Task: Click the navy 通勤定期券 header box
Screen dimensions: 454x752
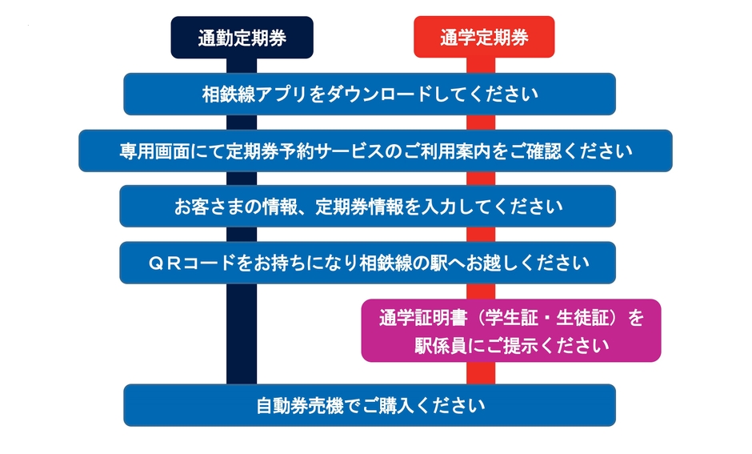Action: [x=242, y=38]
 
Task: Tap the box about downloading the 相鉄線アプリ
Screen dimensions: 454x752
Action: [x=369, y=94]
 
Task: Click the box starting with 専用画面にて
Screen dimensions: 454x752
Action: [x=375, y=151]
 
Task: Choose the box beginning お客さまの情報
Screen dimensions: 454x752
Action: [x=368, y=207]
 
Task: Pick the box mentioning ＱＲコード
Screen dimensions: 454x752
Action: [x=368, y=263]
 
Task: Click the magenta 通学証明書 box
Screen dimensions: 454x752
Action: [x=511, y=331]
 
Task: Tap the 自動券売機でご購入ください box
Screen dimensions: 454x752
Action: [x=369, y=405]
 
